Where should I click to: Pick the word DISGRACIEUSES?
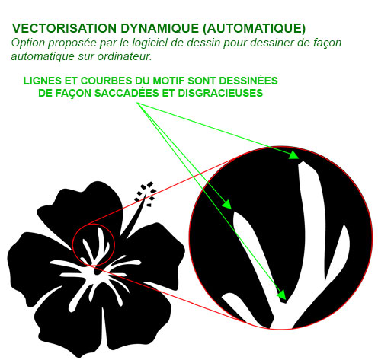click(x=220, y=93)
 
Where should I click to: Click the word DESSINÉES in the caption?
click(x=248, y=81)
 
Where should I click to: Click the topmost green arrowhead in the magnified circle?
click(x=294, y=155)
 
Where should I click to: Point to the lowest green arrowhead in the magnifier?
click(x=282, y=295)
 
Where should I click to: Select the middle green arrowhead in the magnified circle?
click(x=227, y=205)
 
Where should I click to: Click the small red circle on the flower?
click(x=72, y=245)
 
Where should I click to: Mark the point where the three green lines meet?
click(x=137, y=103)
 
